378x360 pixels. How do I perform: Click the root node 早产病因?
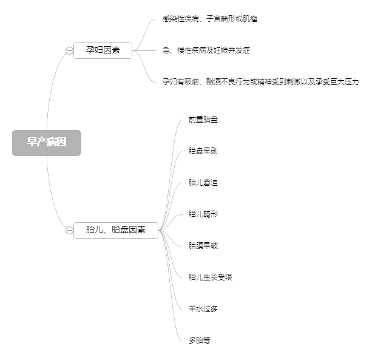[x=47, y=143]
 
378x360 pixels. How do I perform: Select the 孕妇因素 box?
[x=103, y=50]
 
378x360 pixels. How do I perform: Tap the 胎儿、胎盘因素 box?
[x=116, y=230]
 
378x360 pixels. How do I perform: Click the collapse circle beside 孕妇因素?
[x=69, y=50]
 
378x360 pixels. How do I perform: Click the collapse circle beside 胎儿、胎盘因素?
[x=69, y=231]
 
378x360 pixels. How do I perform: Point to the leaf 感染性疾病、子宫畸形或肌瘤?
[x=210, y=19]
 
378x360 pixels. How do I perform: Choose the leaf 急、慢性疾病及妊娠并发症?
[x=206, y=50]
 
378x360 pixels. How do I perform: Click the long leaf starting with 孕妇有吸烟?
[x=261, y=82]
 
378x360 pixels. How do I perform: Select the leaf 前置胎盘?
[x=203, y=120]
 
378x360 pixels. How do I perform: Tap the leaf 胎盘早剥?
[x=203, y=151]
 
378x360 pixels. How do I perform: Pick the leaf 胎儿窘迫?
[x=203, y=183]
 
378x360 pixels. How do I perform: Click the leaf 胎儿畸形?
[x=203, y=214]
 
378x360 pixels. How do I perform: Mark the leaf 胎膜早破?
[x=203, y=246]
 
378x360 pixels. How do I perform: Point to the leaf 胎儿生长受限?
[x=211, y=277]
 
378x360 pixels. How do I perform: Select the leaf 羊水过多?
[x=203, y=309]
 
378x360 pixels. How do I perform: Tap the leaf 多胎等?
[x=200, y=341]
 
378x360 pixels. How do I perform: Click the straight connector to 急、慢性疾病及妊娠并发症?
[x=144, y=50]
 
